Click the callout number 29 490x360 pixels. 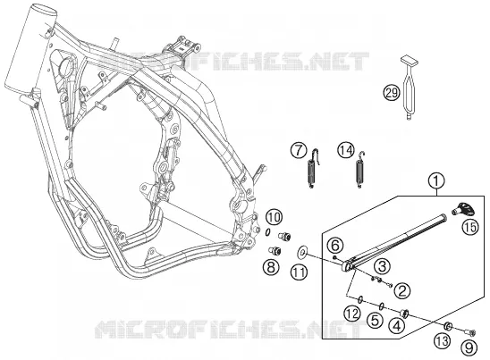pyautogui.click(x=392, y=93)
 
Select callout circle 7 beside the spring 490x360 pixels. pyautogui.click(x=299, y=150)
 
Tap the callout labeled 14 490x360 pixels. pyautogui.click(x=346, y=150)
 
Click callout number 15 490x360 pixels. pyautogui.click(x=470, y=227)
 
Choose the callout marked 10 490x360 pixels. pyautogui.click(x=275, y=217)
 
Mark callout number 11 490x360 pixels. pyautogui.click(x=299, y=272)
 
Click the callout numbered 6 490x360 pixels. pyautogui.click(x=335, y=246)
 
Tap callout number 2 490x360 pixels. pyautogui.click(x=402, y=291)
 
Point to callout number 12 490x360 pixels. pyautogui.click(x=352, y=314)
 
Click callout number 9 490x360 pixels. pyautogui.click(x=469, y=347)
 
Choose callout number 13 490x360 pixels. pyautogui.click(x=443, y=341)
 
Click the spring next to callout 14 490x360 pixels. pyautogui.click(x=360, y=170)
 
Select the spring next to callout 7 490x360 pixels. pyautogui.click(x=313, y=169)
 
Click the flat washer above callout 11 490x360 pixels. pyautogui.click(x=302, y=252)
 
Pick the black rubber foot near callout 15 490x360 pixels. pyautogui.click(x=464, y=208)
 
